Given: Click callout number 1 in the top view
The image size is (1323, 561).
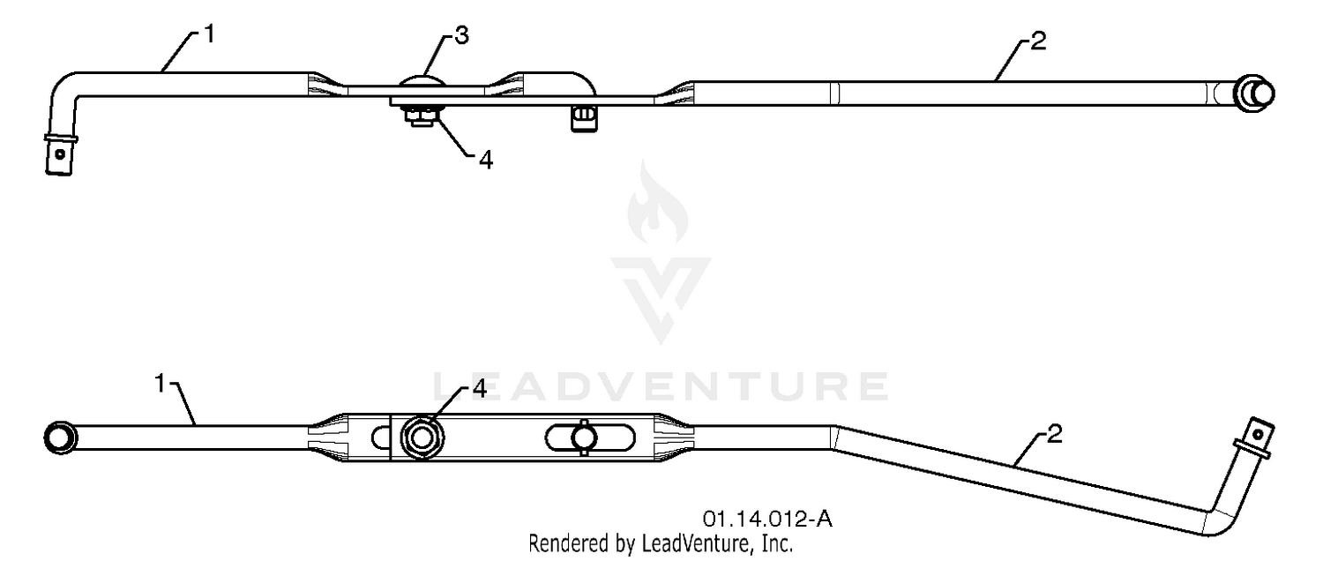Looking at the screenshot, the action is pyautogui.click(x=210, y=34).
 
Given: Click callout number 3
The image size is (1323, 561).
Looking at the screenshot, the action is pyautogui.click(x=462, y=35).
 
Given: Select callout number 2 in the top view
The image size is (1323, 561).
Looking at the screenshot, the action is pyautogui.click(x=1038, y=41).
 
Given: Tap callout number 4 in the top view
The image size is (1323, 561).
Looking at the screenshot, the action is pyautogui.click(x=485, y=160).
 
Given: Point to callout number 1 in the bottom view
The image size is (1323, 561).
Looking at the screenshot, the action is pyautogui.click(x=161, y=383).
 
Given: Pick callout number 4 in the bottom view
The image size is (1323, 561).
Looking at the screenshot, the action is pyautogui.click(x=480, y=389).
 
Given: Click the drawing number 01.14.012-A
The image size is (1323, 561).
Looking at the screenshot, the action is pyautogui.click(x=767, y=519).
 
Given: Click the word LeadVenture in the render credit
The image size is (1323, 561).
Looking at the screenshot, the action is pyautogui.click(x=695, y=542).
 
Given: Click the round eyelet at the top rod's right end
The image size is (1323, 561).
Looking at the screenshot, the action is pyautogui.click(x=1254, y=93).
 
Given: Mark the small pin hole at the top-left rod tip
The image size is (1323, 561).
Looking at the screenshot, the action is pyautogui.click(x=60, y=154).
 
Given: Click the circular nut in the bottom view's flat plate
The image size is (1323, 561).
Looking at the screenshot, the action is pyautogui.click(x=422, y=438).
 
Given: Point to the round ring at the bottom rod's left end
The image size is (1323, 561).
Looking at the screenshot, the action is pyautogui.click(x=60, y=438).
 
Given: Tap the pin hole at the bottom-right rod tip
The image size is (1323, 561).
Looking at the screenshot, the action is pyautogui.click(x=1258, y=434).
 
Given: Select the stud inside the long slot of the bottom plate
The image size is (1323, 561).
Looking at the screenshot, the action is pyautogui.click(x=583, y=438).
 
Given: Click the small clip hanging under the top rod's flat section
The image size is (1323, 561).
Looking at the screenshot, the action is pyautogui.click(x=583, y=119).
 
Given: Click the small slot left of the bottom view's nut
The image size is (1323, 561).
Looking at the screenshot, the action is pyautogui.click(x=380, y=438).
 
